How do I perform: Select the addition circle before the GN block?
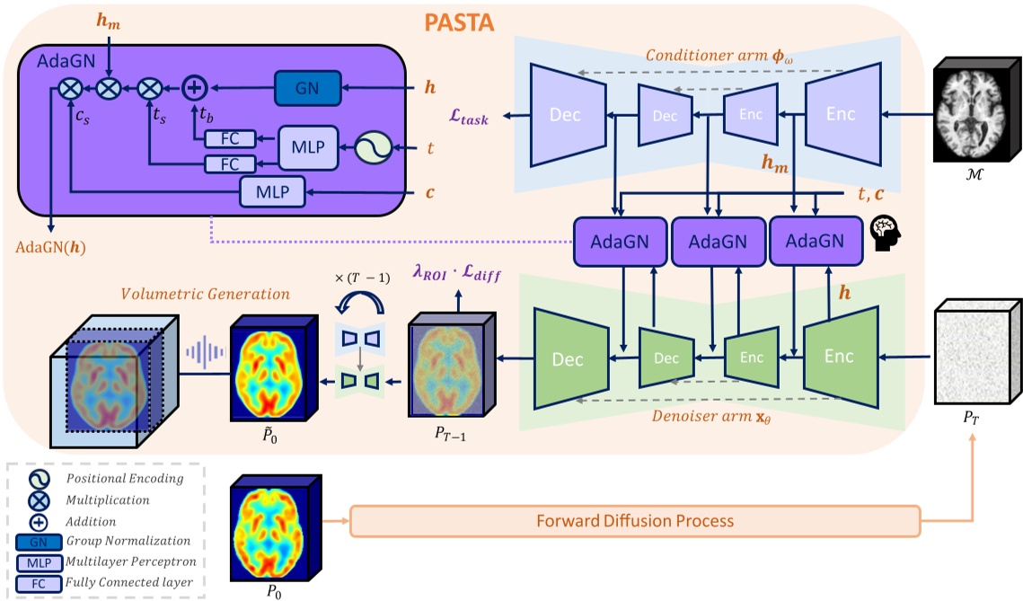pyautogui.click(x=195, y=88)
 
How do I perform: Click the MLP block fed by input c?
pyautogui.click(x=273, y=190)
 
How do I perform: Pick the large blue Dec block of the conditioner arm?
pyautogui.click(x=567, y=115)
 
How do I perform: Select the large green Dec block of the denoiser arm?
pyautogui.click(x=568, y=359)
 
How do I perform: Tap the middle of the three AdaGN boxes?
pyautogui.click(x=717, y=241)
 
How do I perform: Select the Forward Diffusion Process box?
pyautogui.click(x=635, y=521)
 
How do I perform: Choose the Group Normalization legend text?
pyautogui.click(x=128, y=540)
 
